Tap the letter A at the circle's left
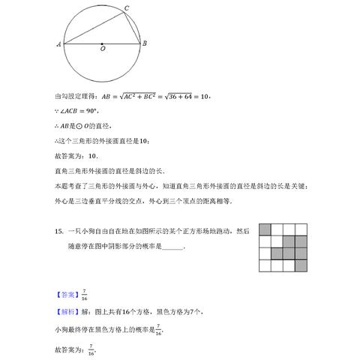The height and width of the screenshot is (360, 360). pos(58,43)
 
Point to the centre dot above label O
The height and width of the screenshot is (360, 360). pos(103,43)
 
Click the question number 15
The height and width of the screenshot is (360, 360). pos(58,232)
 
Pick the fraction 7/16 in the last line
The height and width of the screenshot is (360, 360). pos(91,348)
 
